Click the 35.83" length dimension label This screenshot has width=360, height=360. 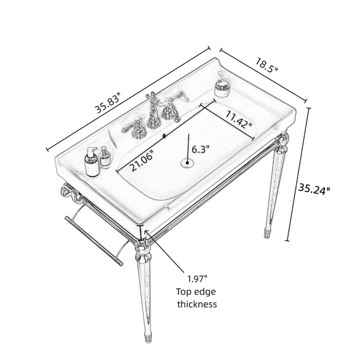click(108, 103)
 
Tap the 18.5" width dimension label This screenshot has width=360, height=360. click(267, 65)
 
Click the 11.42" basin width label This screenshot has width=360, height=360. click(238, 119)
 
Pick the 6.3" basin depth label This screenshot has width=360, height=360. click(201, 149)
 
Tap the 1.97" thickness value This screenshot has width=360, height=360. click(198, 279)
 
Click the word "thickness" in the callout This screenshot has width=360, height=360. click(197, 304)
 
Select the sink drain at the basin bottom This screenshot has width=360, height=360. click(187, 163)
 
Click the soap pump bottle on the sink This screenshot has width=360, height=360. click(92, 162)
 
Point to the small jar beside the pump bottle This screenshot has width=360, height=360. click(105, 158)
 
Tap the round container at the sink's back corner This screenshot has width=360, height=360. click(222, 88)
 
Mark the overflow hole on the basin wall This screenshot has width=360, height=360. click(164, 136)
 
